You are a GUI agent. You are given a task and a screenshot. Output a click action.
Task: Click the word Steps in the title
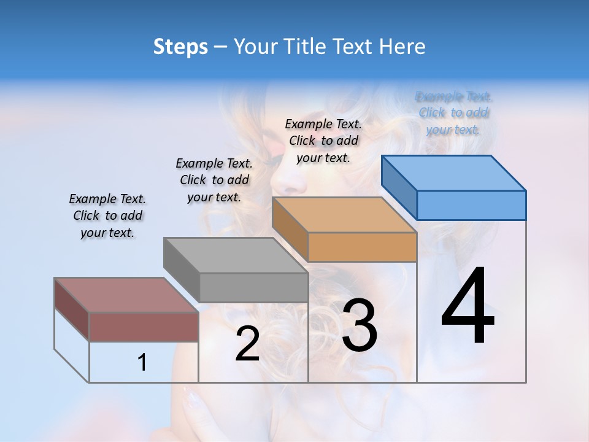point(180,47)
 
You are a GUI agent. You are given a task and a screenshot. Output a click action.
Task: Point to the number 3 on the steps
point(360,326)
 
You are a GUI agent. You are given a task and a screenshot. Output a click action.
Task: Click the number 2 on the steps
point(247,344)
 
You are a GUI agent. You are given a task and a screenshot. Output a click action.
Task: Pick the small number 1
point(142,363)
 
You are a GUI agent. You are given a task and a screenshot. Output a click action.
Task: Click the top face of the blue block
point(453,173)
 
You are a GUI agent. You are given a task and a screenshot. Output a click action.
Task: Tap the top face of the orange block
point(344,215)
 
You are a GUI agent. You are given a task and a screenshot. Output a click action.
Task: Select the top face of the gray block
point(235,255)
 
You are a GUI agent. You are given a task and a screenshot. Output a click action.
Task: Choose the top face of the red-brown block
point(126,295)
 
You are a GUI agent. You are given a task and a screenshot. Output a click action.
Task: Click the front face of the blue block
point(471,205)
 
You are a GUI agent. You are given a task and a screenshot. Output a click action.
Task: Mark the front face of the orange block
point(362,247)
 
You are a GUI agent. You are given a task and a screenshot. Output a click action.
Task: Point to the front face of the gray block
point(253,287)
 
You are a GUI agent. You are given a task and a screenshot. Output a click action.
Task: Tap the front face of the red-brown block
point(144,327)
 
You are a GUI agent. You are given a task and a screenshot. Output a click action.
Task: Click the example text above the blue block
point(454,113)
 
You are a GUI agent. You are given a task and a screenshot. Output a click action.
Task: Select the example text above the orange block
point(323,141)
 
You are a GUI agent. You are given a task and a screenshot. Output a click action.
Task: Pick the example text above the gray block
point(214,180)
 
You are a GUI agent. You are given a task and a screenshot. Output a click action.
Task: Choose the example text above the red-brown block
point(107,215)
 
